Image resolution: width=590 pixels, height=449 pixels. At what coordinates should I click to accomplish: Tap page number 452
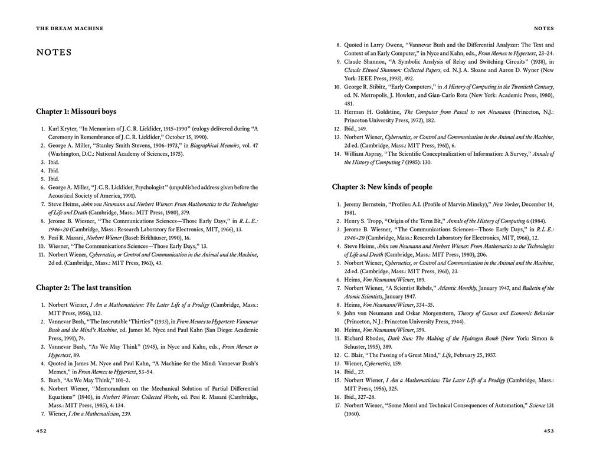[41, 431]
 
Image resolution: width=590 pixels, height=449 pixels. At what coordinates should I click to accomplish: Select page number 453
[549, 431]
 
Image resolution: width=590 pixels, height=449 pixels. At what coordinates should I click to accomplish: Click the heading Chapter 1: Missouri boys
[76, 111]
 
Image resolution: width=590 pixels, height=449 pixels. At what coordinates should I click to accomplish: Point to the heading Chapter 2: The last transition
[83, 288]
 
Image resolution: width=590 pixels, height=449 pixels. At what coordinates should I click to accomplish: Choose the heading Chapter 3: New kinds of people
[382, 187]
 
